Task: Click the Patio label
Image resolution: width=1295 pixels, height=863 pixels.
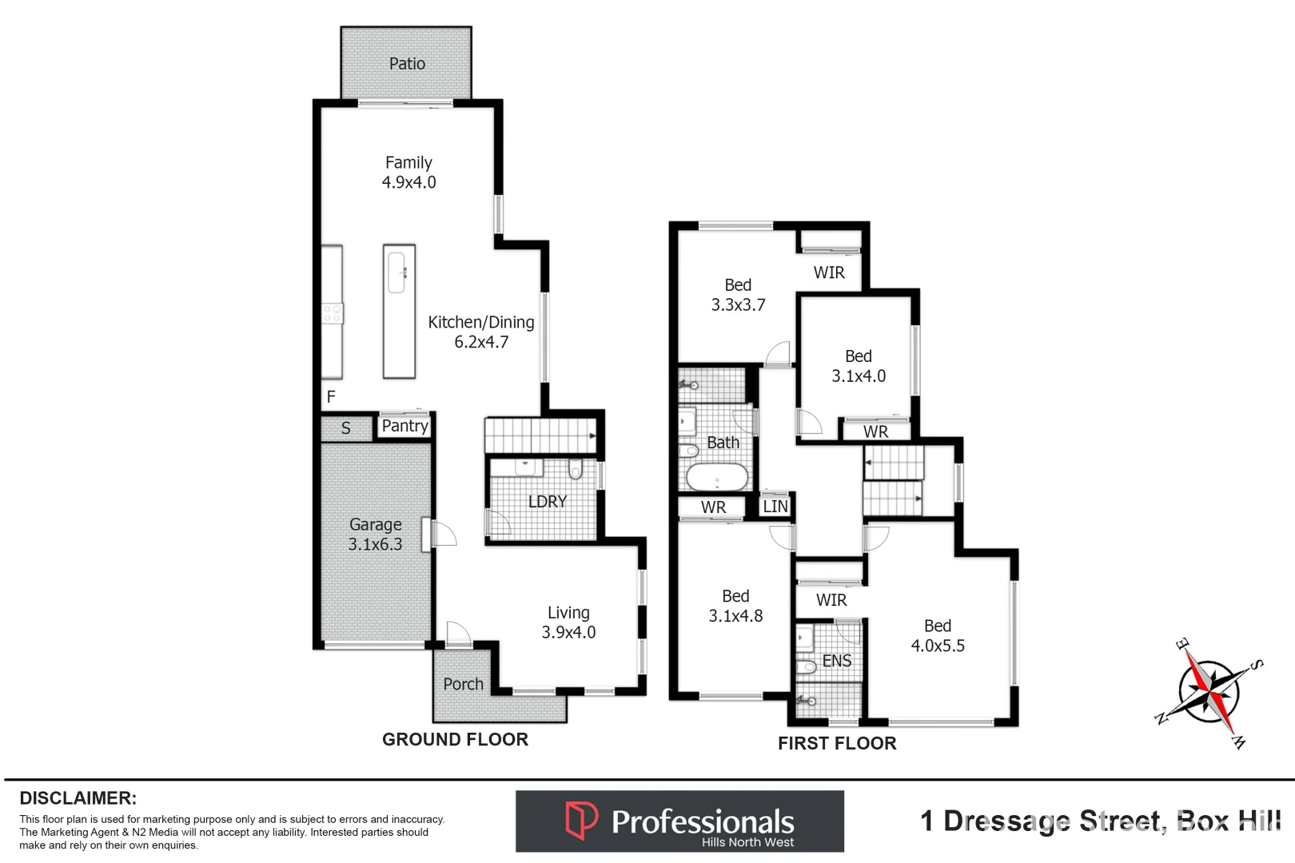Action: (407, 64)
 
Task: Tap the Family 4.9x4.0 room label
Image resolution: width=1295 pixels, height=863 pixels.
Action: (408, 173)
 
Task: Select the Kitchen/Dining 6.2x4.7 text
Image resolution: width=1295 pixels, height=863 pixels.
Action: (481, 332)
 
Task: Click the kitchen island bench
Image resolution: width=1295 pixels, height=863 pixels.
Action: (399, 312)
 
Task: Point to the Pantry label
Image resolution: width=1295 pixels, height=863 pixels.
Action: (404, 426)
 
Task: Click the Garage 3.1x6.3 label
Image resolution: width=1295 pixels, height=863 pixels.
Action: (375, 535)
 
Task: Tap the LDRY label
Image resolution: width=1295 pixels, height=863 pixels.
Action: (548, 502)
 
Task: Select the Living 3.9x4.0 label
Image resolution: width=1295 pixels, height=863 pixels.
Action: (568, 622)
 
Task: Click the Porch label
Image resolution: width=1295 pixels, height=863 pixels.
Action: (464, 685)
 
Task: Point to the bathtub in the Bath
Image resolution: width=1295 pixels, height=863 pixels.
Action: (717, 478)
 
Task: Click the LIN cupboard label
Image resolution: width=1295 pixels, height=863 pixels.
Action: (775, 507)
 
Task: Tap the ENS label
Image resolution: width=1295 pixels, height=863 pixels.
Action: (837, 661)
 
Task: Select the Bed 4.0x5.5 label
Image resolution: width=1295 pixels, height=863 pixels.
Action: (938, 636)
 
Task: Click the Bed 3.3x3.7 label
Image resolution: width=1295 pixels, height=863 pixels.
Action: (738, 295)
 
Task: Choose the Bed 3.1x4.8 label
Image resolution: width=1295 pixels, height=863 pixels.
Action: (735, 606)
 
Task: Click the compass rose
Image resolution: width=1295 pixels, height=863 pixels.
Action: (1209, 692)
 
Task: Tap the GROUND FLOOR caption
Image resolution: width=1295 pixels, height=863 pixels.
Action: (455, 740)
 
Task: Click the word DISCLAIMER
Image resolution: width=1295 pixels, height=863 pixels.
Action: (78, 798)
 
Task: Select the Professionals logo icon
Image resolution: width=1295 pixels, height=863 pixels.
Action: (581, 821)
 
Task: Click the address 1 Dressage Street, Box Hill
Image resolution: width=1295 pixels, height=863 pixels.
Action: (1100, 821)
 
